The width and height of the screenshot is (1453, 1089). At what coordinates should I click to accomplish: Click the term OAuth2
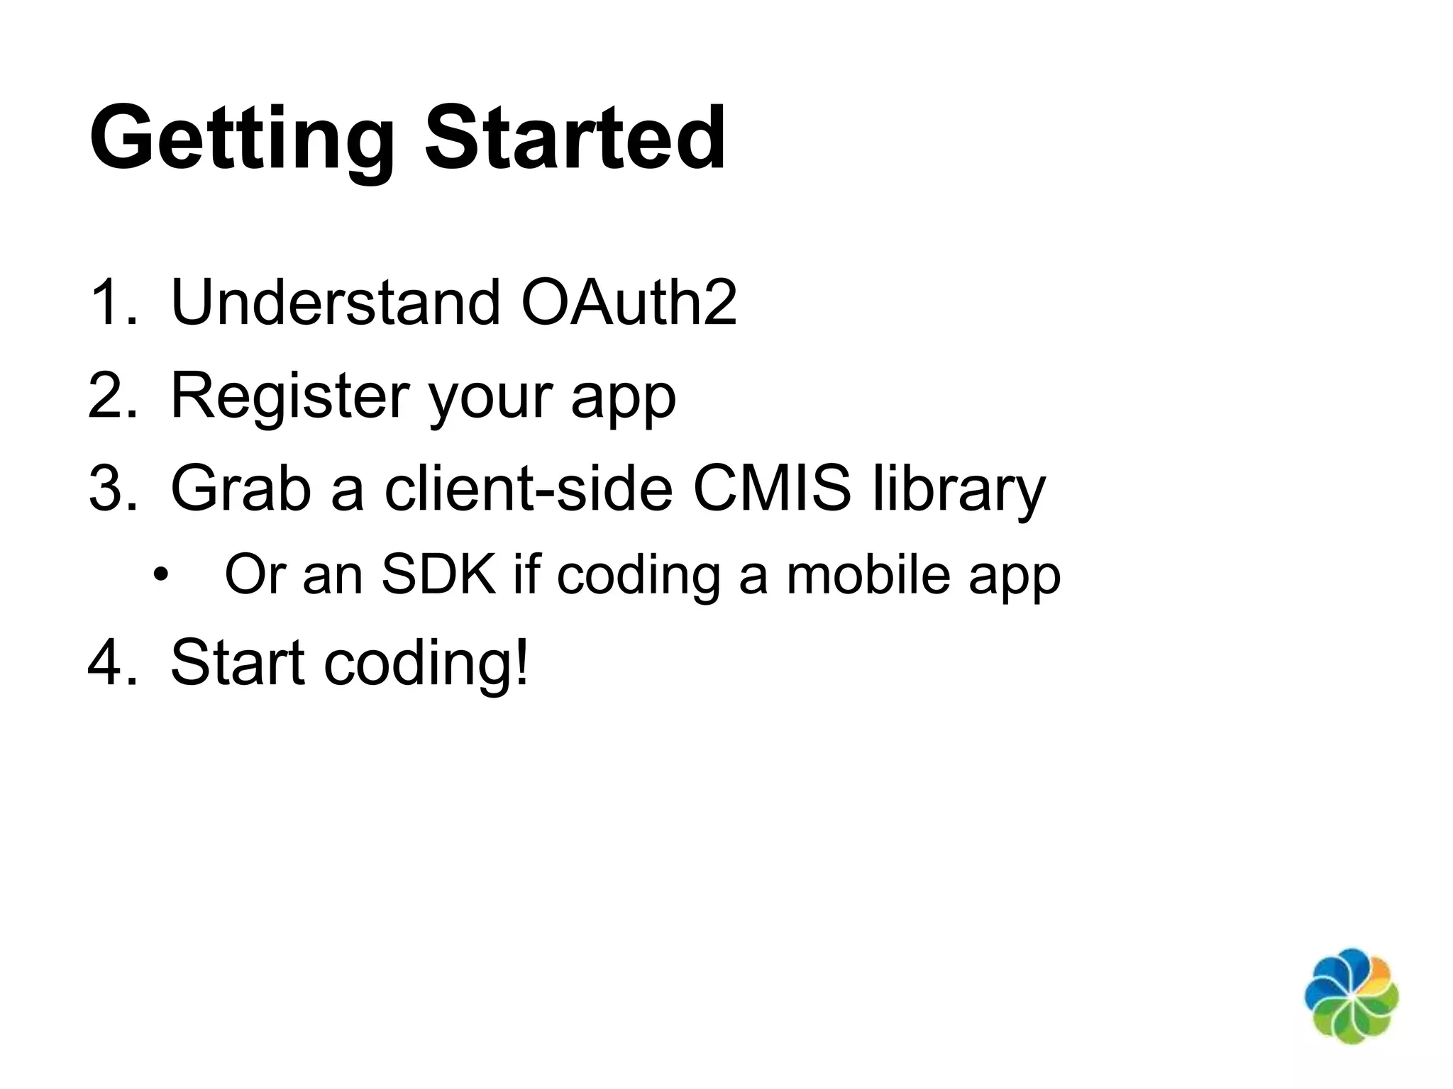click(629, 303)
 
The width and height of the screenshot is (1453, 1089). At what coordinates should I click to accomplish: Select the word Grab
click(241, 488)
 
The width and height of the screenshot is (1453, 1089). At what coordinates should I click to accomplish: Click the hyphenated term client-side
click(528, 488)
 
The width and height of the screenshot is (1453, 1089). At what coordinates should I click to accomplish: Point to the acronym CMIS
click(771, 488)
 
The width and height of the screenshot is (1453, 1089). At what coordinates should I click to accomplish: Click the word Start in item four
click(238, 663)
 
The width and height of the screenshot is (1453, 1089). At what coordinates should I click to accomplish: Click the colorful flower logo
click(1351, 995)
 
